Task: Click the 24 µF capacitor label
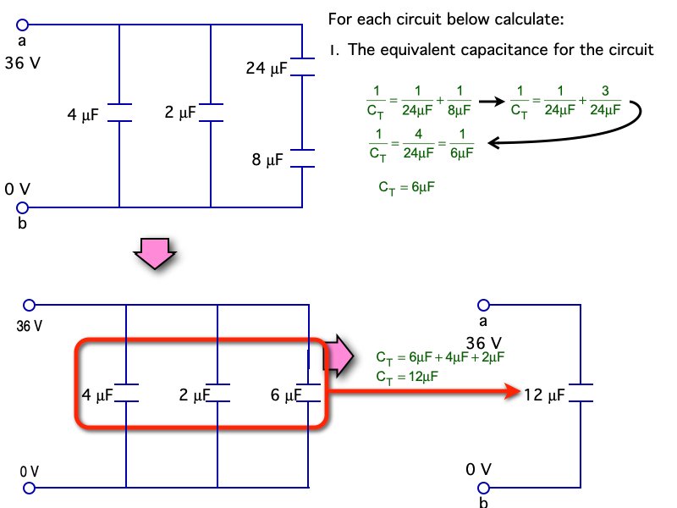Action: [267, 68]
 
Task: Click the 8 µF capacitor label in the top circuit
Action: [269, 158]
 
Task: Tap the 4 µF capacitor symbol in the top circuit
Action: [120, 113]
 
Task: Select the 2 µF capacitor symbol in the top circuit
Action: [211, 113]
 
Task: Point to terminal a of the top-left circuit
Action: [22, 25]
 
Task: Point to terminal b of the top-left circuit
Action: [22, 207]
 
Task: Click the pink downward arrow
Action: [157, 253]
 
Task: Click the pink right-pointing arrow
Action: [340, 355]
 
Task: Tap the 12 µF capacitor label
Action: [544, 394]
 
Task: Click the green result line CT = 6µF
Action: [406, 188]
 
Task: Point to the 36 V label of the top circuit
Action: [22, 63]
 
